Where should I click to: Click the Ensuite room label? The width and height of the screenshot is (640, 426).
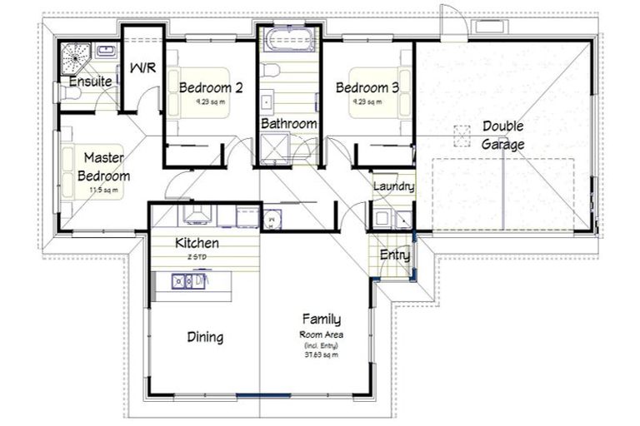coord(90,82)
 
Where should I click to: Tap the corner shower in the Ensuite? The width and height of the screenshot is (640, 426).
coord(77,57)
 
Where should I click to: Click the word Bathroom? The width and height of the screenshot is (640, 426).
coord(288,124)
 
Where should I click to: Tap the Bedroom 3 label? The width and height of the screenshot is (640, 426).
coord(367,87)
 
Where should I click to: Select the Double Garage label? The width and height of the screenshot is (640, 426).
coord(502,135)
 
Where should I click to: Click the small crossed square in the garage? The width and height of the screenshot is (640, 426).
coord(462,134)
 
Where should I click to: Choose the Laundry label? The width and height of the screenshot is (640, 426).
coord(393,186)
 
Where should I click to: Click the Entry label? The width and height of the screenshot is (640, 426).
coord(394,255)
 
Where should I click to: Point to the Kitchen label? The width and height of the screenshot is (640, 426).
coord(197,243)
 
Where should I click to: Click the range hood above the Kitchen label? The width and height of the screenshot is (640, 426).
coord(199,216)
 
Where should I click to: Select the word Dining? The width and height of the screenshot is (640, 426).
coord(204,337)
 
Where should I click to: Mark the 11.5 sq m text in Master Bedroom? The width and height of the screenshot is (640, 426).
coord(104,190)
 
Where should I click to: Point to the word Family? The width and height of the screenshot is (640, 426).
coord(321,319)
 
